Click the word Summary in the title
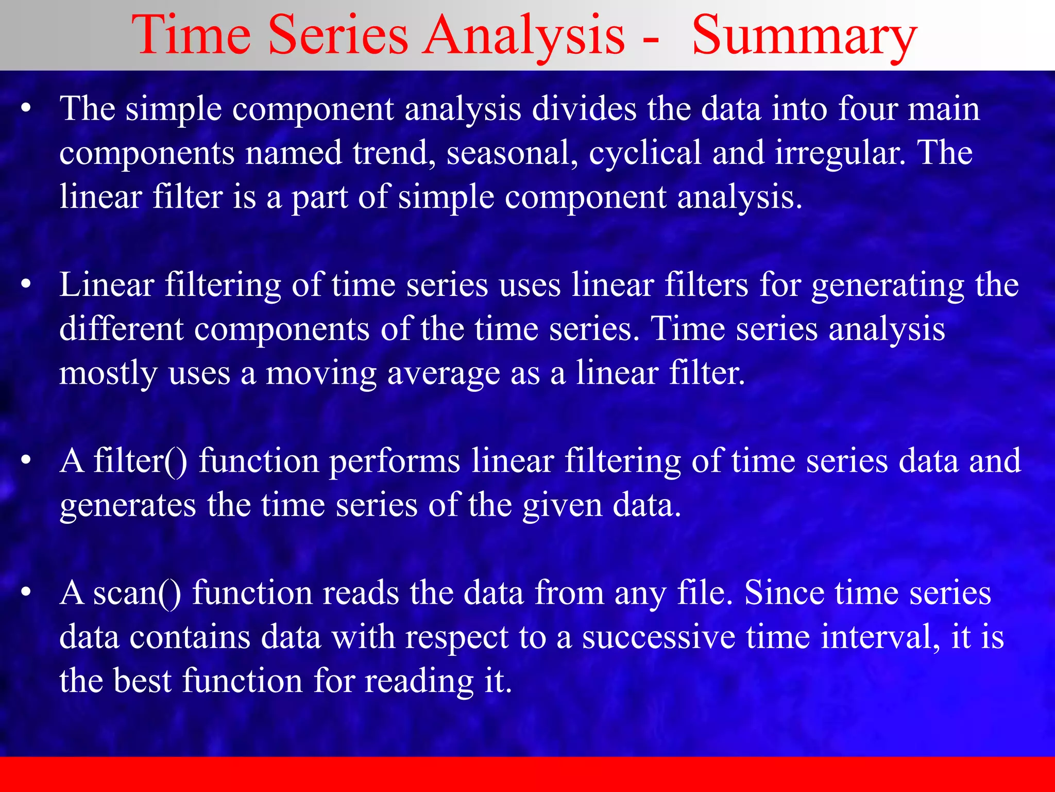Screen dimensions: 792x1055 (x=804, y=36)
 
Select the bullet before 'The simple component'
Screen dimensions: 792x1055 (x=26, y=109)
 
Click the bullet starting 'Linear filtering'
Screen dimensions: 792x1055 (x=26, y=285)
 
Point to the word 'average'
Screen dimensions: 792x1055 (x=444, y=373)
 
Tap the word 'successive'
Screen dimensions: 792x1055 (x=658, y=637)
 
